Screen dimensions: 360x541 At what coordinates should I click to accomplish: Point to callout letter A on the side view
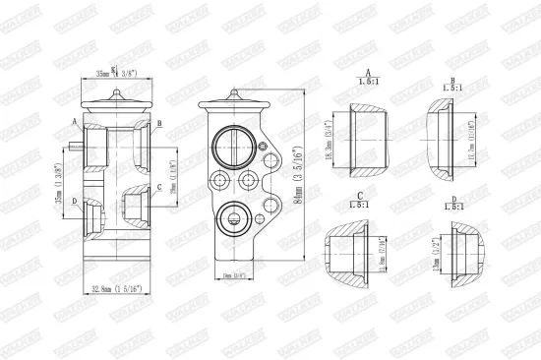[75, 121]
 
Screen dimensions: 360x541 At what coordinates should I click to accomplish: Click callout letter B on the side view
[158, 123]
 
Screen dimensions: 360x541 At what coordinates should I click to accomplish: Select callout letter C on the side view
[159, 186]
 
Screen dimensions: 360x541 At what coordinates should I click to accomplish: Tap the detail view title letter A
[367, 74]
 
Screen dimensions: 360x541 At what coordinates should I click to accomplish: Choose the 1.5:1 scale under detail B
[451, 86]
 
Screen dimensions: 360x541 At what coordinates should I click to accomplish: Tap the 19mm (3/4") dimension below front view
[233, 277]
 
